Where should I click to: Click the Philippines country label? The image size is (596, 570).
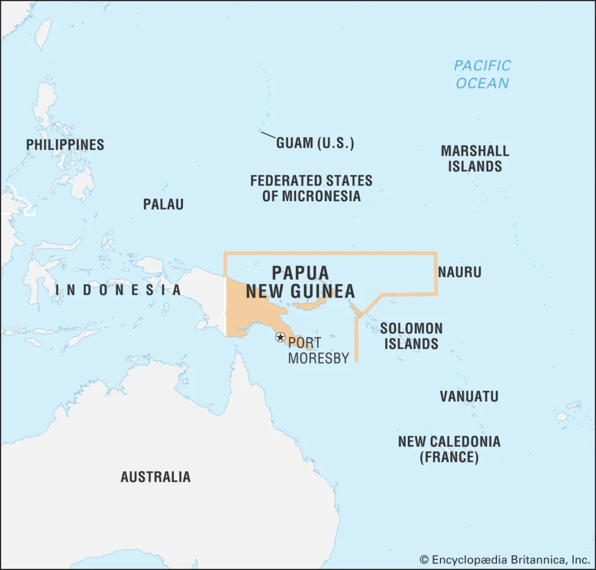point(65,144)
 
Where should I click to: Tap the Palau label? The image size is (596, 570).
point(163,204)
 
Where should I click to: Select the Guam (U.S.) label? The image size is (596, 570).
point(315,143)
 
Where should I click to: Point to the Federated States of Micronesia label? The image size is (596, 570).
point(311,188)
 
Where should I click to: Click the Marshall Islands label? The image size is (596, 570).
point(474,158)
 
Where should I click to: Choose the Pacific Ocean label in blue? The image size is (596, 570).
point(482,74)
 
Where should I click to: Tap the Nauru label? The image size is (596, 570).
point(459,272)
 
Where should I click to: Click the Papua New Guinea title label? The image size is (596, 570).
point(300,282)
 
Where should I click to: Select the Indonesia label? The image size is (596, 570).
point(118,290)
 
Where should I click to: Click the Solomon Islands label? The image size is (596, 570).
point(411,336)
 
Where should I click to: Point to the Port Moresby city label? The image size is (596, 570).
point(318,350)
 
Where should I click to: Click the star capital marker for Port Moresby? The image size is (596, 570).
point(280,337)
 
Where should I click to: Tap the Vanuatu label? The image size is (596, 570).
point(469,397)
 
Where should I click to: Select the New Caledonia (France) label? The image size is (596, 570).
point(449,448)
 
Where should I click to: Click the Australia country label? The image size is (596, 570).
point(155,476)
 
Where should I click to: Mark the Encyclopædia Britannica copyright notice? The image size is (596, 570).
point(505,560)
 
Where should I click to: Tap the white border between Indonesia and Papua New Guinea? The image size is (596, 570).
point(225,302)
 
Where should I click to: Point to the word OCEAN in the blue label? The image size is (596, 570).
point(482,83)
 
